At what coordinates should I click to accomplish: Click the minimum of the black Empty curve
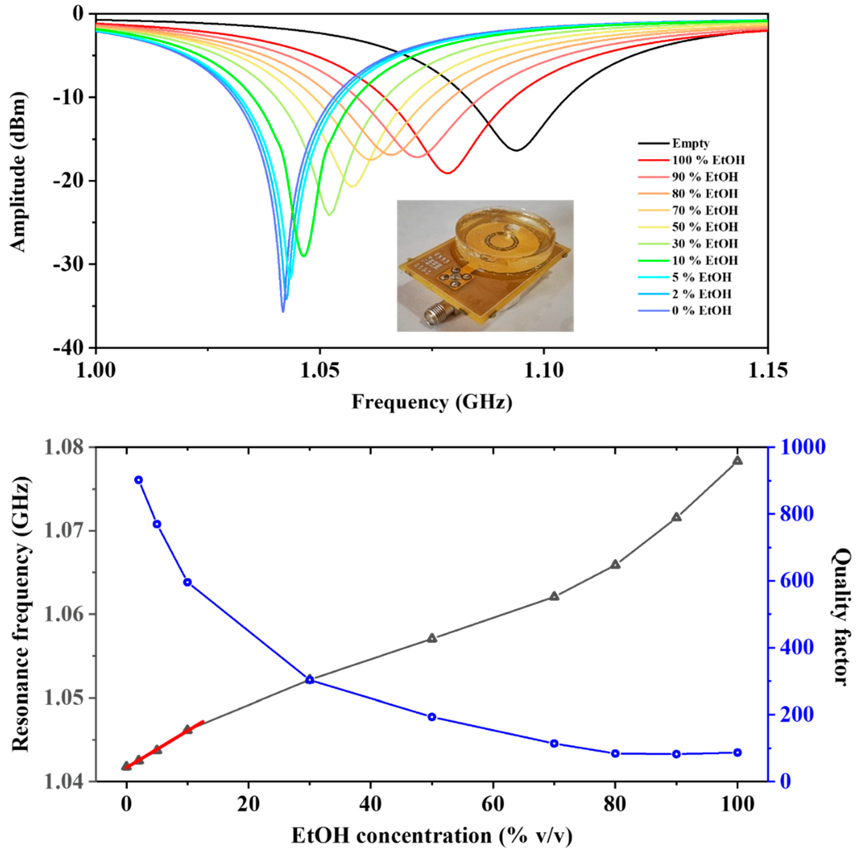(x=516, y=150)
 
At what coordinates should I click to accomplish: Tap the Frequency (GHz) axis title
(x=432, y=402)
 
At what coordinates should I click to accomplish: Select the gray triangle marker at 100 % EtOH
(x=737, y=461)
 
